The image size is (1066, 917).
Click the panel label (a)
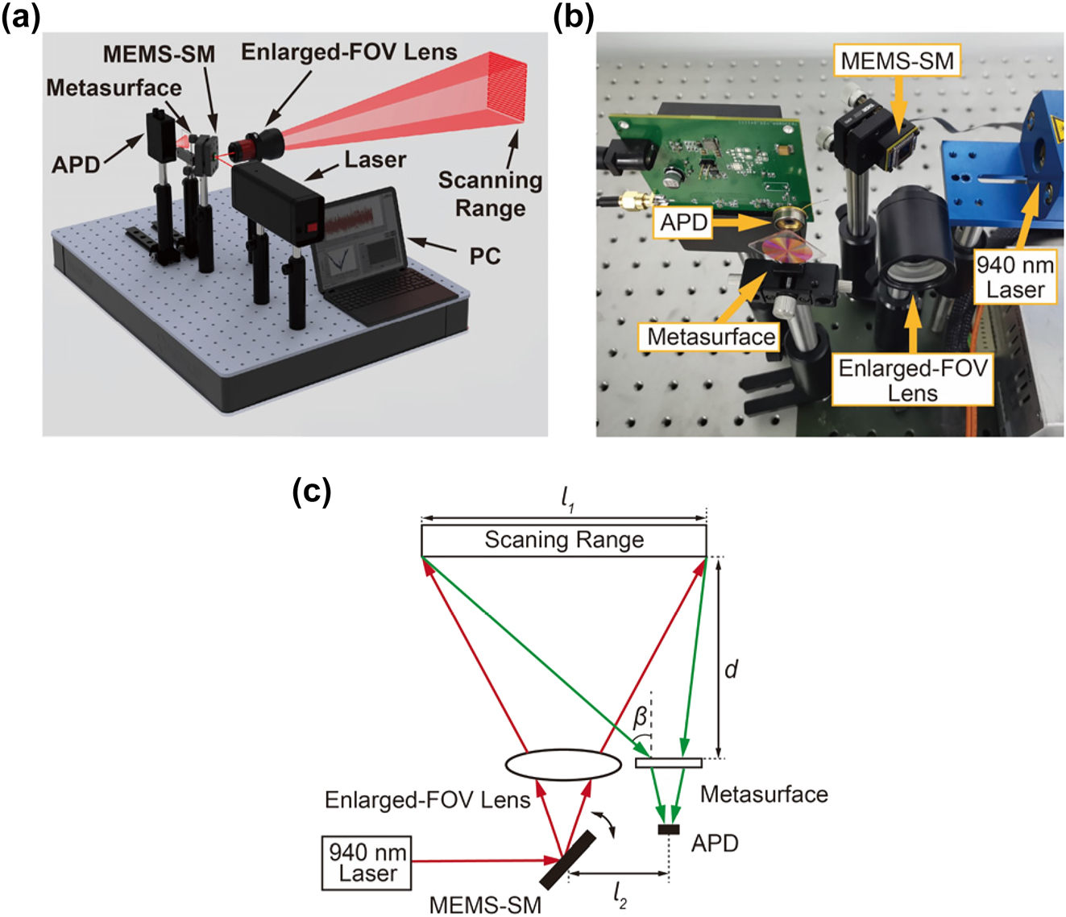pos(20,16)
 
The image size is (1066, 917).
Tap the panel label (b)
pos(573,16)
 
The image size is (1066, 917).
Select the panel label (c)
pos(311,491)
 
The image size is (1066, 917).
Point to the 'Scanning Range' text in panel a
pos(490,194)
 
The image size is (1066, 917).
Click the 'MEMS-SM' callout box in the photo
pos(896,60)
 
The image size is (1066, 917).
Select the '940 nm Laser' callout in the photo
pos(1014,277)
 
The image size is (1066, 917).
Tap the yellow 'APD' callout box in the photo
pos(683,222)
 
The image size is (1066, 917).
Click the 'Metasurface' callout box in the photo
pos(711,336)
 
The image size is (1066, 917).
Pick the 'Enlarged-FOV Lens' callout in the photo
pos(912,380)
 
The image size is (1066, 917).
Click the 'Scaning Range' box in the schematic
pos(563,541)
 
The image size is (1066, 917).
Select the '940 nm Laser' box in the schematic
pos(367,863)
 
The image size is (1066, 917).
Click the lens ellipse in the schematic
pos(563,764)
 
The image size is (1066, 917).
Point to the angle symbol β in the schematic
pos(640,717)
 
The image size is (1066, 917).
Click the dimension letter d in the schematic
pos(731,669)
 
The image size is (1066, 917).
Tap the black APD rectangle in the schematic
pos(668,830)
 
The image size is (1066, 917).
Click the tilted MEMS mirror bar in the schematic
pos(568,859)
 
